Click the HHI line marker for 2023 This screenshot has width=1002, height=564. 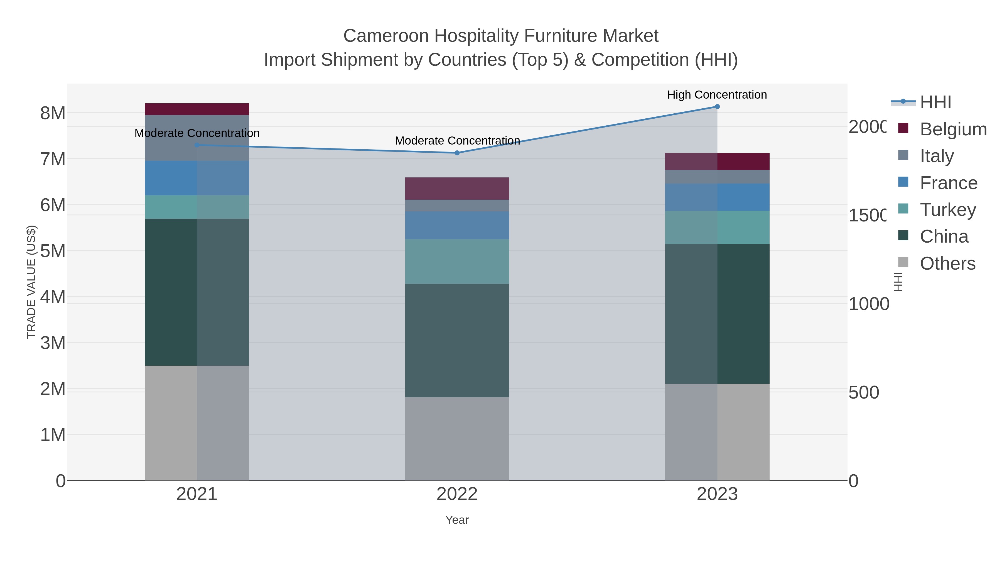tap(717, 107)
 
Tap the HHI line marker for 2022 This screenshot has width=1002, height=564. tap(457, 153)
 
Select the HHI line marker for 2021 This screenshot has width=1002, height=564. tap(197, 145)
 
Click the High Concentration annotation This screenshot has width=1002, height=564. tap(717, 95)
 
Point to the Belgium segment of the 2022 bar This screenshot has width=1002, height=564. tap(457, 189)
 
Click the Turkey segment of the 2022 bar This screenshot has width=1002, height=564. tap(457, 262)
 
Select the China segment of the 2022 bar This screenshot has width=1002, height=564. tap(457, 341)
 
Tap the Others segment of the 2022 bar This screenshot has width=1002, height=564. tap(457, 439)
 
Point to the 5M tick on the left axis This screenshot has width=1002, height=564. tap(53, 251)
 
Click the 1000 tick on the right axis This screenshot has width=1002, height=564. tap(868, 304)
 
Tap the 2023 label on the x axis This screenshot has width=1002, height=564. tap(717, 494)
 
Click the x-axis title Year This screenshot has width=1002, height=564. tap(457, 520)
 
